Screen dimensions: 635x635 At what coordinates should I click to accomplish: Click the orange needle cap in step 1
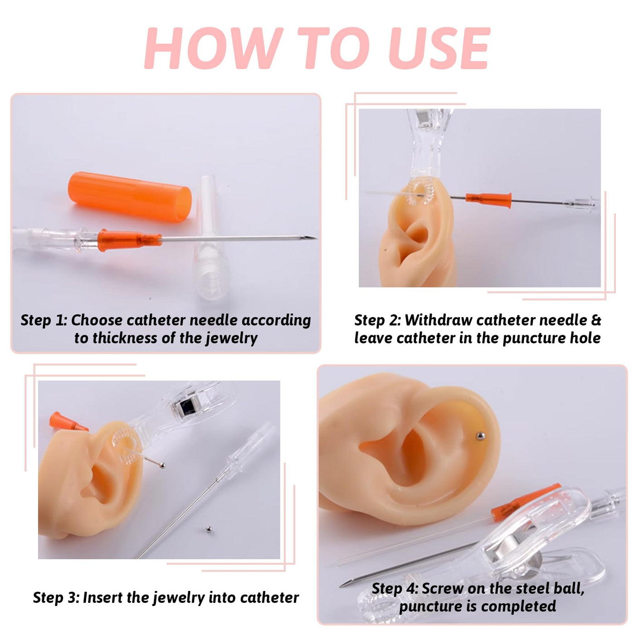coord(130,197)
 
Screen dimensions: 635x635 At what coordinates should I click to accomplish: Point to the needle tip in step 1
coord(315,238)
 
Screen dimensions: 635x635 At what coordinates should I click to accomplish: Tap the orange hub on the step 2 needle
coord(488,200)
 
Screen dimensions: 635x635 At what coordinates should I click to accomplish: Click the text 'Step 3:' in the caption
coord(56,597)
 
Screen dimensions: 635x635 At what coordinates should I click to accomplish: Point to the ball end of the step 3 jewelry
coord(162,465)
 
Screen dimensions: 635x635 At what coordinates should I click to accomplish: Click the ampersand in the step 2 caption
coord(596,320)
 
